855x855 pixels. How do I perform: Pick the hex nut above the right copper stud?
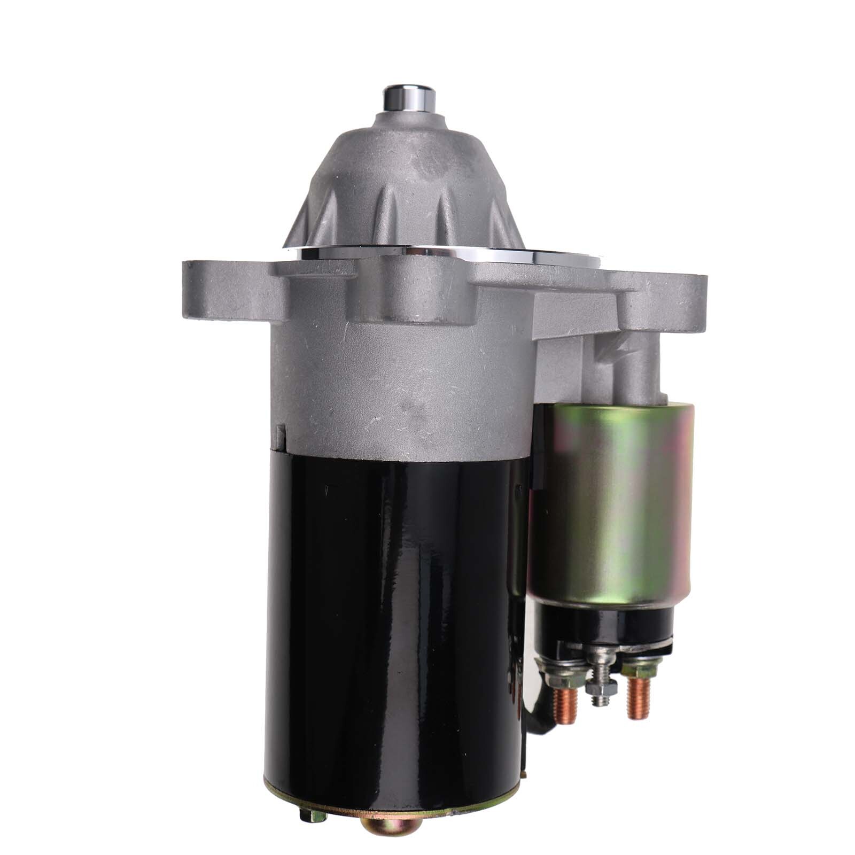636,669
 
